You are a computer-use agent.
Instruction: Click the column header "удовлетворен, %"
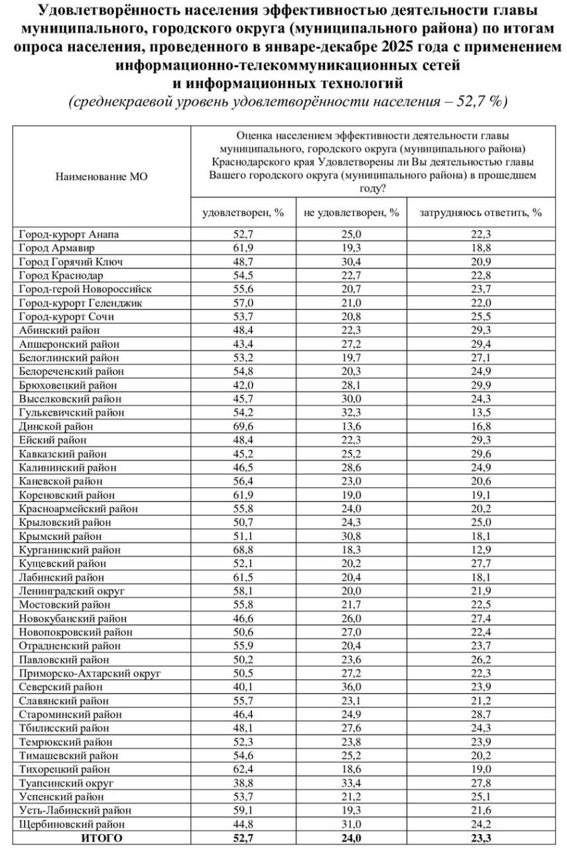243,213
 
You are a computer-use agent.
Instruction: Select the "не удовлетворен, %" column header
351,213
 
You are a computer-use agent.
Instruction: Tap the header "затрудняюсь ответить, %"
480,213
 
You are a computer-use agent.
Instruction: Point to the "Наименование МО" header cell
101,177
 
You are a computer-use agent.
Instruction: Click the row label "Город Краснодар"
61,275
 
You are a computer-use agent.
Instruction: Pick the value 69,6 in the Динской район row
243,426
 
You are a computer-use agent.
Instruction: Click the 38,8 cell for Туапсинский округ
243,783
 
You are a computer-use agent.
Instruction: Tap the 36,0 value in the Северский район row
351,686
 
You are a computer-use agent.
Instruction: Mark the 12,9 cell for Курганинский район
480,549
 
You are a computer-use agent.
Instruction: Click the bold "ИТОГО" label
101,838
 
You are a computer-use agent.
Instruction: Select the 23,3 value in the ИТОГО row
480,838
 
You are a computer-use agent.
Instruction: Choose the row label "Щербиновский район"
71,824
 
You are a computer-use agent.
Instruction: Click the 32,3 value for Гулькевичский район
351,412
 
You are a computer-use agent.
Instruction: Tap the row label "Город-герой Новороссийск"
85,289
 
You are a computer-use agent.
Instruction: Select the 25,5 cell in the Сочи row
480,316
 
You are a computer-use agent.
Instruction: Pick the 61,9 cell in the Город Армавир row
243,247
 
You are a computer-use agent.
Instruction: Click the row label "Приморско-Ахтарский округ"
90,673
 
